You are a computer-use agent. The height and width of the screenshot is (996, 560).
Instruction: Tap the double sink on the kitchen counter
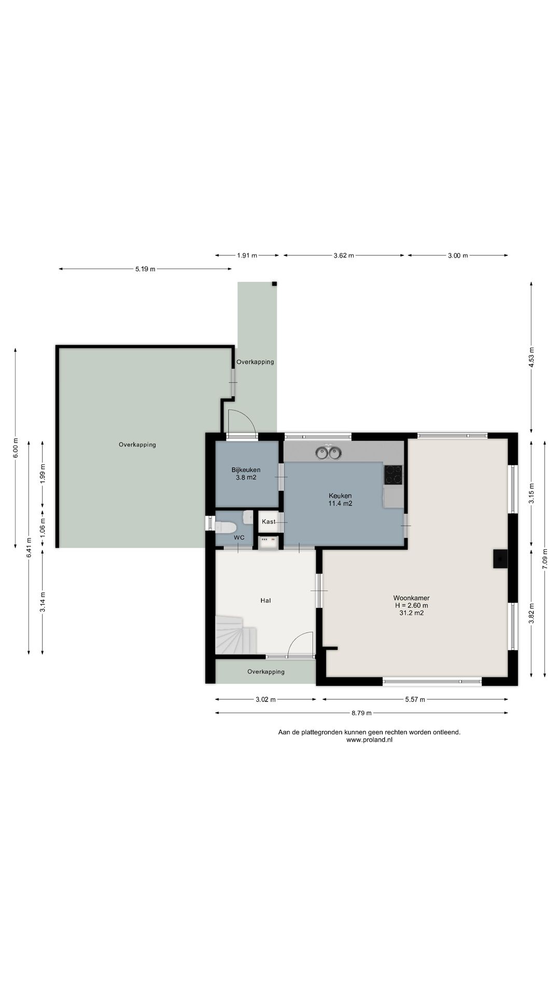[329, 452]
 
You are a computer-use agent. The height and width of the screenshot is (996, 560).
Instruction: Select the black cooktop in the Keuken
[393, 474]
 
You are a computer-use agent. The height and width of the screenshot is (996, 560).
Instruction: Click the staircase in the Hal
[235, 634]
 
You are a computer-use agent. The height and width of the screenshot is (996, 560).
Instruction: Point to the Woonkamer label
[411, 598]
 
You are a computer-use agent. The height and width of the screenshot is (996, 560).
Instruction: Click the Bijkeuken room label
[246, 470]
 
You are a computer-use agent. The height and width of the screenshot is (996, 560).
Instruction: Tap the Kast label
[269, 521]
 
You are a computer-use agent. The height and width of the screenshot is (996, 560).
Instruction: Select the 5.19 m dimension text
[145, 269]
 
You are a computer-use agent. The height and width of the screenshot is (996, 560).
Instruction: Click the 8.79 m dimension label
[361, 713]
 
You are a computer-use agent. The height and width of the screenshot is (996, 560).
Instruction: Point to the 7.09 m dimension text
[545, 559]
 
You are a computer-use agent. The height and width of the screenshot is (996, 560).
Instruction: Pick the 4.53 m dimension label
[531, 357]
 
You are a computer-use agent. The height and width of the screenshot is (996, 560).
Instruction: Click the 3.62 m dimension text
[344, 255]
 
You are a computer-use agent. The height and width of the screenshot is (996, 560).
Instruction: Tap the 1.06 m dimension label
[43, 528]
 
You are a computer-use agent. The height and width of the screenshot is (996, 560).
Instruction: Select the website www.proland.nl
[369, 740]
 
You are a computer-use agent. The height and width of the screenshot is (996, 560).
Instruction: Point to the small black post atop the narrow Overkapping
[274, 284]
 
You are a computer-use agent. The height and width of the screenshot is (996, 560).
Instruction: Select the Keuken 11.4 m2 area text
[340, 503]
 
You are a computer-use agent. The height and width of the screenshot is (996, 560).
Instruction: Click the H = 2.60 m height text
[411, 605]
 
